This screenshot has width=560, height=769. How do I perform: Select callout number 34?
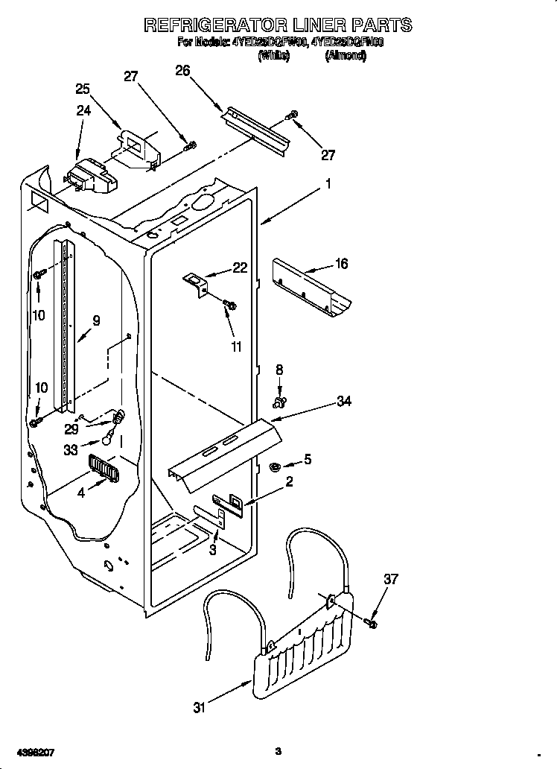(x=343, y=402)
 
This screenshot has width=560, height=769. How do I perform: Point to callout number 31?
(x=199, y=709)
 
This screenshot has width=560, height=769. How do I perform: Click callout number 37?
(x=391, y=579)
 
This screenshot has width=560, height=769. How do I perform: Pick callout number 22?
(x=239, y=268)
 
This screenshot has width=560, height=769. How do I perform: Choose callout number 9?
(x=96, y=321)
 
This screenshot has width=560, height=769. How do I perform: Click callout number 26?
(x=182, y=71)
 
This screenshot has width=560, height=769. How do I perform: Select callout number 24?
(x=83, y=112)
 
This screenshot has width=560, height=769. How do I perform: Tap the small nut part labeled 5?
(x=273, y=467)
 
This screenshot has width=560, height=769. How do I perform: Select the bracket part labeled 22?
(x=197, y=283)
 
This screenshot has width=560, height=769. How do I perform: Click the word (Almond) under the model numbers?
(x=346, y=55)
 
